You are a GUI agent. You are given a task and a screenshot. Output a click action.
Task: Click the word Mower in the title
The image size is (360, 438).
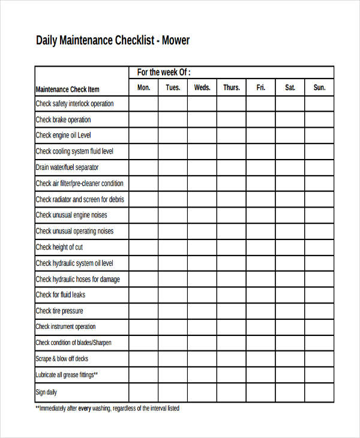click(175, 41)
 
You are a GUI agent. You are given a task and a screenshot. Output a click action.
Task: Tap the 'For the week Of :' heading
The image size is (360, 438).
click(164, 72)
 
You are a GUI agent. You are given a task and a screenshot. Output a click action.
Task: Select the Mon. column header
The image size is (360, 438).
click(144, 88)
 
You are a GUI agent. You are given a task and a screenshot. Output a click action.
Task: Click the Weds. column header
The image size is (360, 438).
click(202, 88)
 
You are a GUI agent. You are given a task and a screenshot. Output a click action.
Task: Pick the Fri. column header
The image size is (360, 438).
click(260, 88)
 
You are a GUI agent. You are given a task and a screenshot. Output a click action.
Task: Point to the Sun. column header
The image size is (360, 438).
click(319, 88)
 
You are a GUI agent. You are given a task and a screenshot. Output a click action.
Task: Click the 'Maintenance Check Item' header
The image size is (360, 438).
click(67, 89)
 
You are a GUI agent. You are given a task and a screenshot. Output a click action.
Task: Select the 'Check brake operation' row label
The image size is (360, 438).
click(63, 119)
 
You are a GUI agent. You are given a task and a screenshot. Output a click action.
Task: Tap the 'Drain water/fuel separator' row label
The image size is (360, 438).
click(67, 167)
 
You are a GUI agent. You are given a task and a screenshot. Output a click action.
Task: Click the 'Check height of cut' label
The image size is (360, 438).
click(59, 247)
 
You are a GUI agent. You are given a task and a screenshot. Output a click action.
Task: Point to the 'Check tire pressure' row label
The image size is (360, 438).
click(59, 311)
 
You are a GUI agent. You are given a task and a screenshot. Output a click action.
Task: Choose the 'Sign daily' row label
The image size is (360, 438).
click(46, 392)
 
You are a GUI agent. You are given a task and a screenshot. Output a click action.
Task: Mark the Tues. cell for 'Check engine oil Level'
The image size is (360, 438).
click(173, 136)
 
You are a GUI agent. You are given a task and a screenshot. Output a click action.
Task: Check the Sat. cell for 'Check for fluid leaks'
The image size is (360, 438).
click(290, 295)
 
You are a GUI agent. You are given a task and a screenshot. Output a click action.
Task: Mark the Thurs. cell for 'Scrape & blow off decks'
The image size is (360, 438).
click(232, 359)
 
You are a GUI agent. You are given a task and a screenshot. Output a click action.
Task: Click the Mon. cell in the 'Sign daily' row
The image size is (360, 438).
click(144, 392)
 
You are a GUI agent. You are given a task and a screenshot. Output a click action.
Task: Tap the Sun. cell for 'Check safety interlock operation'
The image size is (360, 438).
click(319, 104)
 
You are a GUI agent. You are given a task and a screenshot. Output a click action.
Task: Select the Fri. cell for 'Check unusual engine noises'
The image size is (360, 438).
click(260, 215)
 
